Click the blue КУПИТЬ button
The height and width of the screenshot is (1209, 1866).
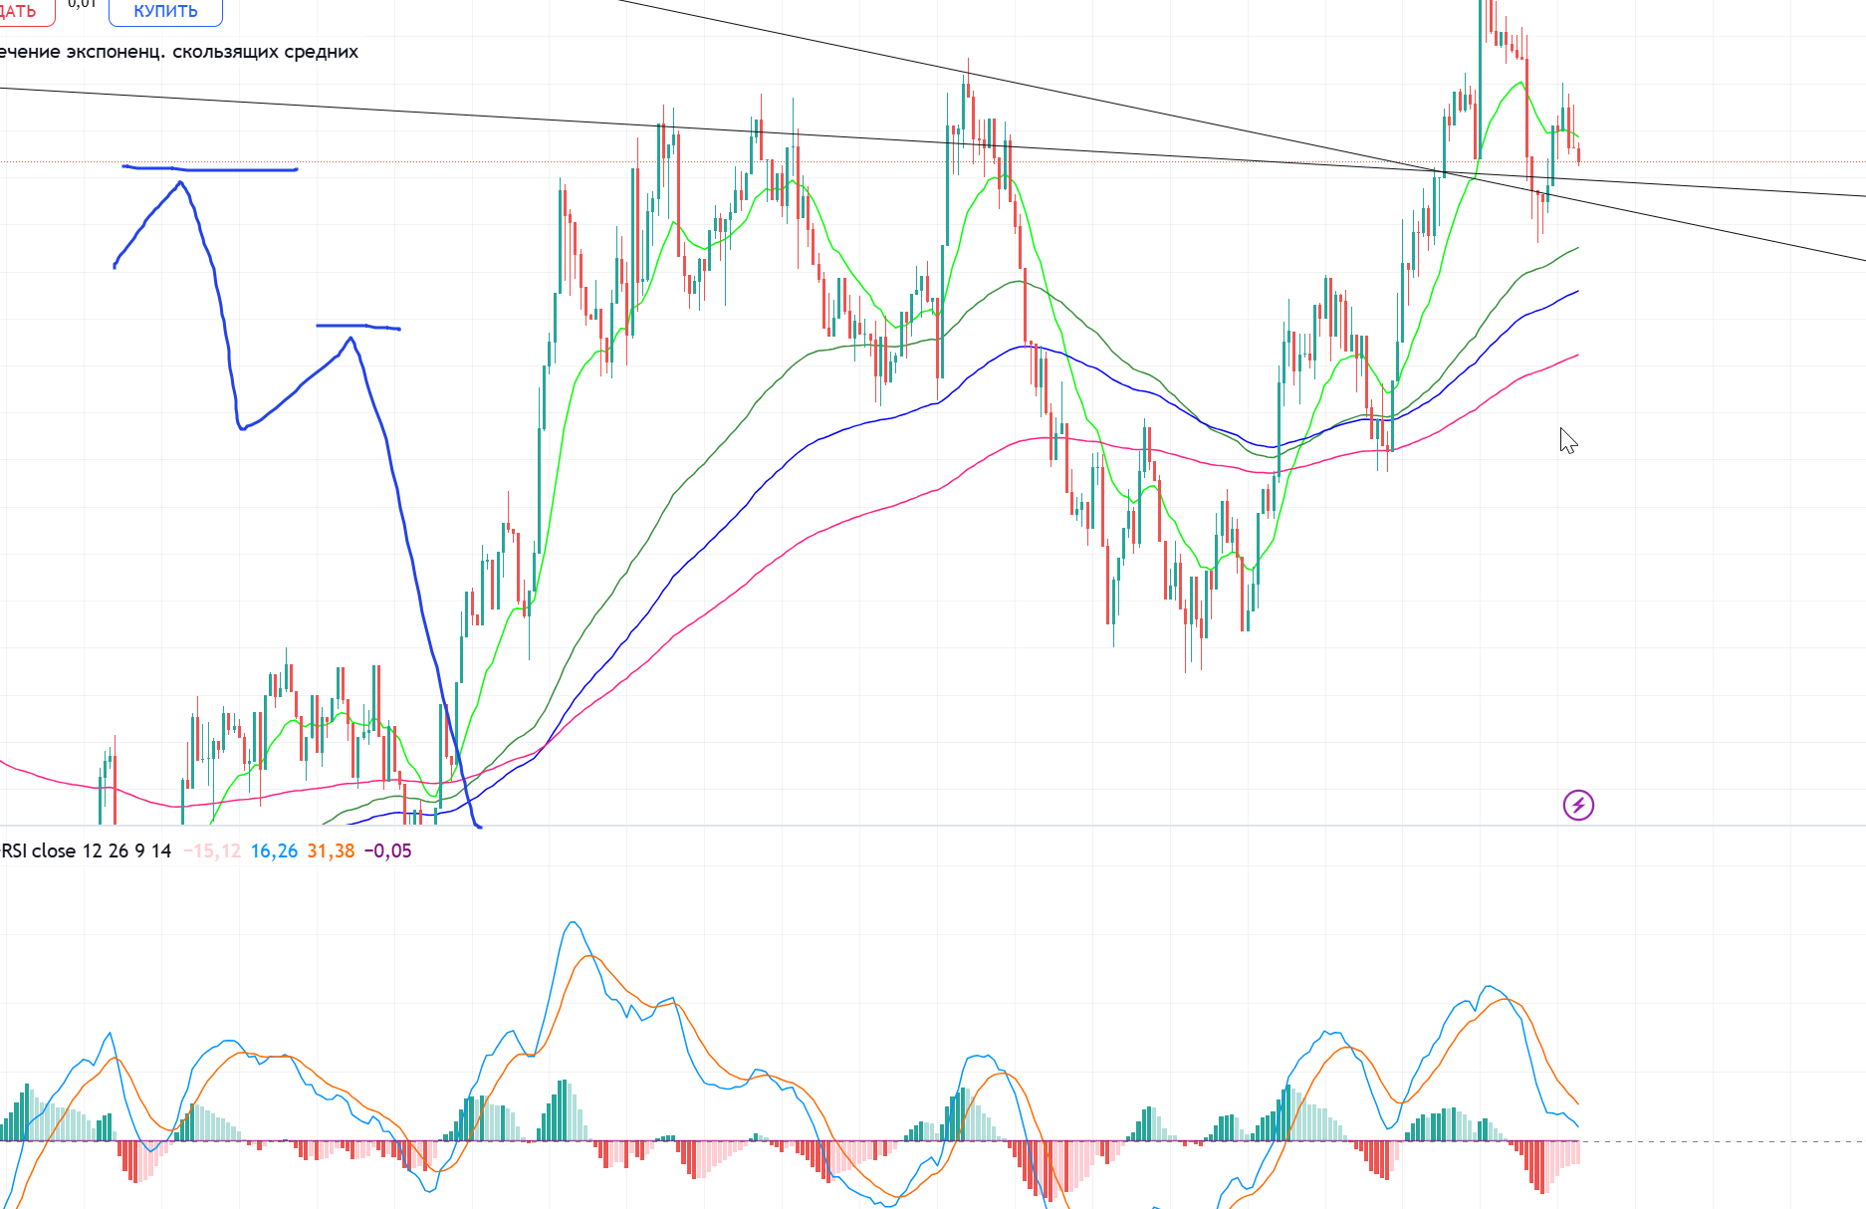point(165,11)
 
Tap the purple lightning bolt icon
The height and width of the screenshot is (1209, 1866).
point(1578,805)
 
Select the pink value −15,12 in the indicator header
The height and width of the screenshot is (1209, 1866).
point(212,850)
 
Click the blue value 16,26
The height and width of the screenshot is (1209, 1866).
point(274,850)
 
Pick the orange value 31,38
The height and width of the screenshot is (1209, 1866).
point(331,850)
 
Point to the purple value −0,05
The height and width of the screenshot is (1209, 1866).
point(387,850)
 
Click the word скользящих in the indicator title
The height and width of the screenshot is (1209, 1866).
point(225,52)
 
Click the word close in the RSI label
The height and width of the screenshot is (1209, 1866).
point(54,850)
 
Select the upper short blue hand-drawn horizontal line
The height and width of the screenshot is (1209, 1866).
point(210,169)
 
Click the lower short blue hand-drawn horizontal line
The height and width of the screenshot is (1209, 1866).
point(357,326)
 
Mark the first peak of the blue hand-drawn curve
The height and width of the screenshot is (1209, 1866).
point(180,183)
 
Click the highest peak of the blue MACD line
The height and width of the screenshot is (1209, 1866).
point(573,922)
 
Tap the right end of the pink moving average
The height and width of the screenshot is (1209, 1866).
point(1577,355)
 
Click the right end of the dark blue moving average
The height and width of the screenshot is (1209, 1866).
point(1577,292)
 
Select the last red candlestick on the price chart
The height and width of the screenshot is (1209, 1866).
point(1578,154)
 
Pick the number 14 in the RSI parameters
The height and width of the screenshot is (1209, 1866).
point(161,850)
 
